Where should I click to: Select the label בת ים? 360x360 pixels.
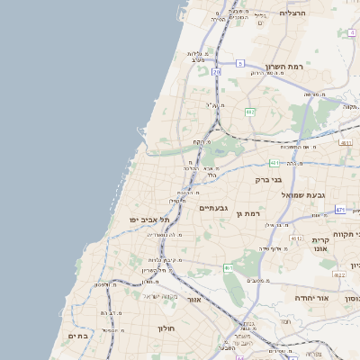click(77, 336)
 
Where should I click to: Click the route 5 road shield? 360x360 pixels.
click(241, 63)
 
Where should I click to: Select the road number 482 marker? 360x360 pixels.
click(250, 112)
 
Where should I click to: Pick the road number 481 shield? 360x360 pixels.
click(274, 163)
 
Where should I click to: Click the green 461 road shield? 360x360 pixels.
click(229, 267)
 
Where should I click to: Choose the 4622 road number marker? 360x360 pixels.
click(339, 274)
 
